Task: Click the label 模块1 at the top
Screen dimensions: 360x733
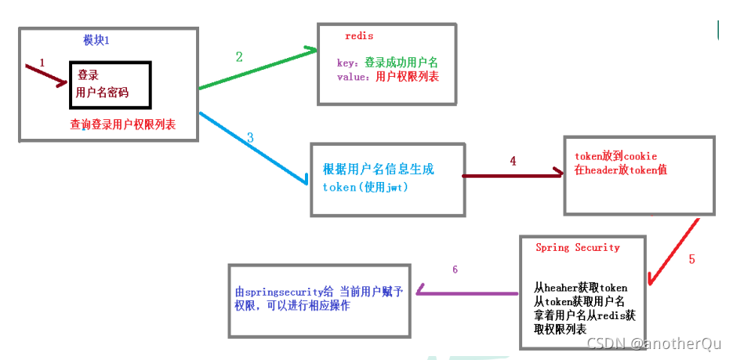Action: coord(96,40)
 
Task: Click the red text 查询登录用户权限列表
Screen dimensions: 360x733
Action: coord(122,124)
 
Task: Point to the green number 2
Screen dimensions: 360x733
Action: coord(239,56)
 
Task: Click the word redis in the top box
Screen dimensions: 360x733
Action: coord(359,36)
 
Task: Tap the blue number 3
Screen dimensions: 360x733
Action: coord(250,137)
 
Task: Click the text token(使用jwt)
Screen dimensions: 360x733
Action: coord(365,187)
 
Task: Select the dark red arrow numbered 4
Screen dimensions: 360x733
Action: coord(513,176)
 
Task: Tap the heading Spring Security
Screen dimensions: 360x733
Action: coord(577,247)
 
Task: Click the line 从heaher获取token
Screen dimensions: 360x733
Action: coord(580,288)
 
